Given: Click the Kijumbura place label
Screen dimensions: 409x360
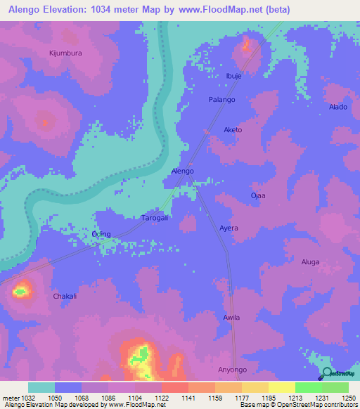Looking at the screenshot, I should point(65,53).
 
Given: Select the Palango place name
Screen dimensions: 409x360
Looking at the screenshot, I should point(221,100).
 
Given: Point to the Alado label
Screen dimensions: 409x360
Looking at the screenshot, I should point(337,107).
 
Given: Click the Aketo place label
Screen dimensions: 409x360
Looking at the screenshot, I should point(233,130).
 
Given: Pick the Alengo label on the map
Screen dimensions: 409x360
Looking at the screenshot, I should point(183,171).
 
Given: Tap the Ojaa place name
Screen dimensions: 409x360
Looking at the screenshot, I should point(258,195).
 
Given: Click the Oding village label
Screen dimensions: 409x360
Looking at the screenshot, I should point(102,235).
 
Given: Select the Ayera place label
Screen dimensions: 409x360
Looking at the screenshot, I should point(229,228).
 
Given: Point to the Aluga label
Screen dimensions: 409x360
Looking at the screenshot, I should point(310,262).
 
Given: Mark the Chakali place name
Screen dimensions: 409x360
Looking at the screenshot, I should point(65,297).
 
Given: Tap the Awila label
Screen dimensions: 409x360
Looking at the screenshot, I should point(231,318).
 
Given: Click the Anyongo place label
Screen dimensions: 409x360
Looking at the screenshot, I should point(234,370).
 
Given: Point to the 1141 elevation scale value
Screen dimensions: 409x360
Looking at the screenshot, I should point(187,397).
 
